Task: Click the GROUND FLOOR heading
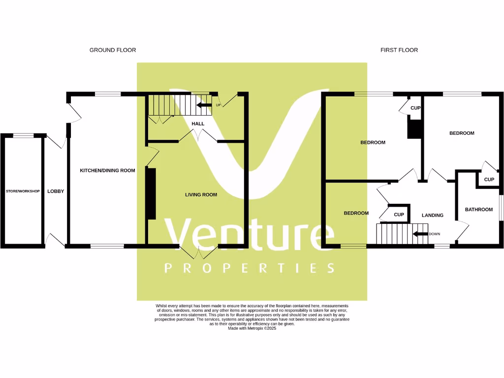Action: pos(112,50)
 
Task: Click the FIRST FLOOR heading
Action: pos(399,50)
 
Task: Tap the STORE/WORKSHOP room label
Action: pos(23,191)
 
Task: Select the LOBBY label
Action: pos(56,191)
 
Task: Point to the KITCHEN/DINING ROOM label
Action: pos(107,171)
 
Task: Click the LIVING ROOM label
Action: pos(201,195)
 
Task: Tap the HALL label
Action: pos(198,124)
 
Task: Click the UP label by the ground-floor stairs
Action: pos(218,105)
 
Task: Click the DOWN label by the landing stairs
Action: pos(434,234)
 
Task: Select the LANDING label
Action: pos(433,215)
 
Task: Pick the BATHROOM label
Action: pos(479,210)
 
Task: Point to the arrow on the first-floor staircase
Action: pos(420,234)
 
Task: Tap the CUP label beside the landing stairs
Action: pos(399,215)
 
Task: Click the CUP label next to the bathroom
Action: pos(489,180)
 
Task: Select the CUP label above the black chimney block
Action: pos(415,108)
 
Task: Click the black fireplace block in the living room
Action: pos(151,193)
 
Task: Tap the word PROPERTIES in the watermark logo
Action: pos(249,268)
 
